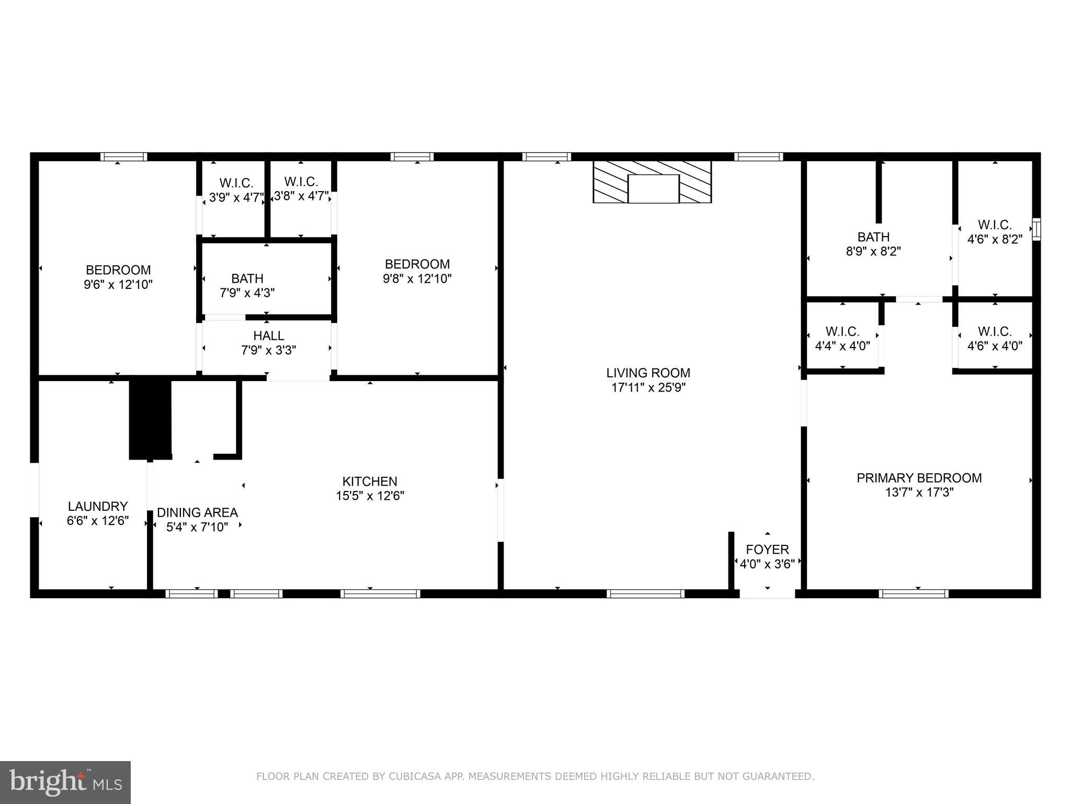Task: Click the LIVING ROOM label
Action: pyautogui.click(x=648, y=373)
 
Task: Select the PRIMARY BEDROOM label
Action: pyautogui.click(x=919, y=478)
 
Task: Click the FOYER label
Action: pyautogui.click(x=767, y=550)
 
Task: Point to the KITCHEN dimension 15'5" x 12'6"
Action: pyautogui.click(x=370, y=496)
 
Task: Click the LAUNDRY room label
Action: pyautogui.click(x=98, y=507)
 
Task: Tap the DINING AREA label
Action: pyautogui.click(x=197, y=513)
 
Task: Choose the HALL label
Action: pyautogui.click(x=268, y=336)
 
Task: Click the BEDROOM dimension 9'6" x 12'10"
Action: pyautogui.click(x=118, y=285)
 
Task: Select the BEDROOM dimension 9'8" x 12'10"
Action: pyautogui.click(x=417, y=278)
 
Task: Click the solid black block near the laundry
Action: pyautogui.click(x=151, y=419)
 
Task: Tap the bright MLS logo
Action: pyautogui.click(x=65, y=782)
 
